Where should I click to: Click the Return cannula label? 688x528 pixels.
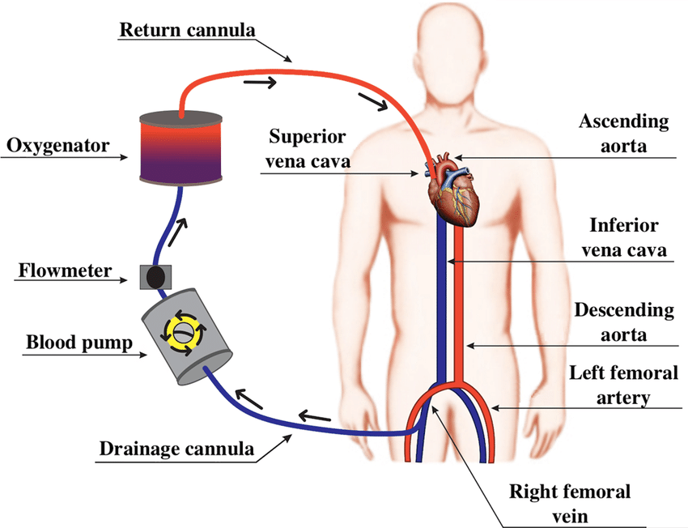tap(187, 31)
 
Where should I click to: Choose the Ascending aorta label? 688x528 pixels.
tap(623, 134)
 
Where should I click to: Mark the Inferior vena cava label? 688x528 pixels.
tap(623, 237)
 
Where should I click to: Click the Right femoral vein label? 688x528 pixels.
tap(569, 504)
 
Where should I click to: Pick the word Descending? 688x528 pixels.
tap(623, 310)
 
